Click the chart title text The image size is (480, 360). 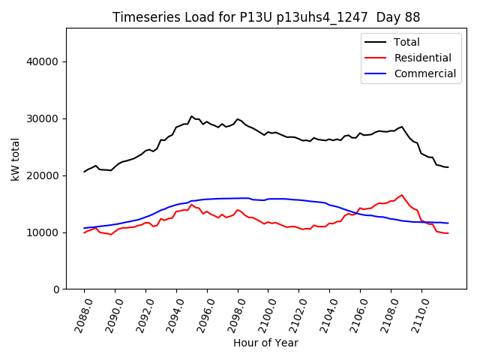tap(266, 16)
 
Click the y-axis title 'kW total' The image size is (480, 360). tap(15, 159)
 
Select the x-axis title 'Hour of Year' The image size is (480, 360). tap(265, 343)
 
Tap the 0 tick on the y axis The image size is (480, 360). tap(56, 289)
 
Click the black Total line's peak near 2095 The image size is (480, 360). tap(191, 116)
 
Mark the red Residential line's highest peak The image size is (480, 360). tap(402, 195)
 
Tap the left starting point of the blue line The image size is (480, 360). tap(85, 228)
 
